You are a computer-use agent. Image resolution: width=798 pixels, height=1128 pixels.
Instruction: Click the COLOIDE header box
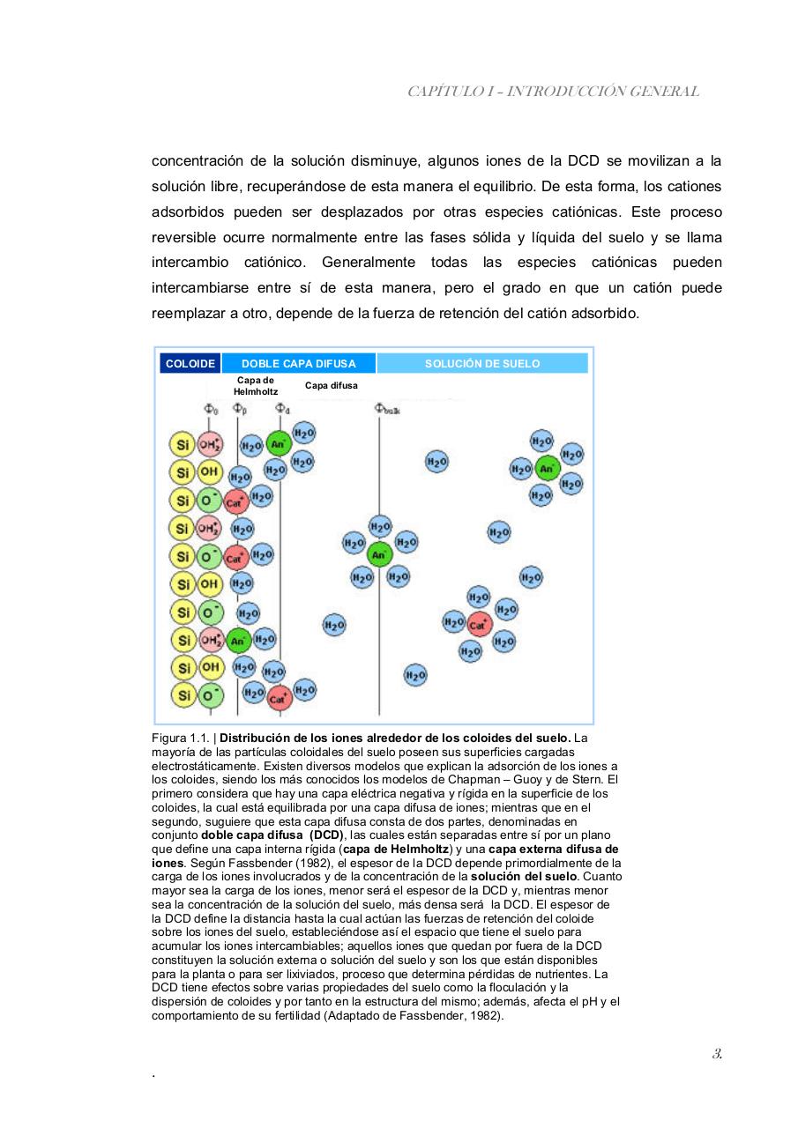(190, 363)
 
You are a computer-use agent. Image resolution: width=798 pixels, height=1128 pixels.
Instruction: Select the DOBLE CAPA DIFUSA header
(298, 363)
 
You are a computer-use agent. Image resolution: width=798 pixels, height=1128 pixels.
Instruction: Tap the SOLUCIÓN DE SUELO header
(481, 363)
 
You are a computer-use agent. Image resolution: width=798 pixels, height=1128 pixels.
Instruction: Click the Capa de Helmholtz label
(256, 386)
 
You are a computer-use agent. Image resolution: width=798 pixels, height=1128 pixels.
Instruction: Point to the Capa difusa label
(331, 386)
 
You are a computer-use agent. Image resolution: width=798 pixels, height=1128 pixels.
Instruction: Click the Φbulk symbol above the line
(386, 409)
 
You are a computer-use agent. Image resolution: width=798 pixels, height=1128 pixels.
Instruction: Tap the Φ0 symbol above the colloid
(211, 409)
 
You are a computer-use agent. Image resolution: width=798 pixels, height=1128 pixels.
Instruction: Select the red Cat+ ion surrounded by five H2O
(478, 625)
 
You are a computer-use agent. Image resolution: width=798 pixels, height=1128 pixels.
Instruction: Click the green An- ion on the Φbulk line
(379, 554)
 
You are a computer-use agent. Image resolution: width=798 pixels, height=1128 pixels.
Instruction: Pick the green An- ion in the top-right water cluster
(547, 468)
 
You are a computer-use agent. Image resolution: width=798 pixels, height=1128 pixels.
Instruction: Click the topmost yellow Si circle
(183, 444)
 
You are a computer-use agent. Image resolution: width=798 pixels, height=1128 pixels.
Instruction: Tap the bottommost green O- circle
(209, 695)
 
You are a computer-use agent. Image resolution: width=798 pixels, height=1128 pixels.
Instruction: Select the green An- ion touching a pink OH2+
(238, 641)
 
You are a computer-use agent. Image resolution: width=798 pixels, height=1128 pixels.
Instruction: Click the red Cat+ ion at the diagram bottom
(279, 699)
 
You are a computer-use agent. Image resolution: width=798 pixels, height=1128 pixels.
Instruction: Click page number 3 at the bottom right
(718, 1054)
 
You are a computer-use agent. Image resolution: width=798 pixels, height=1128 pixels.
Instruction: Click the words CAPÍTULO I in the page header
(446, 92)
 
